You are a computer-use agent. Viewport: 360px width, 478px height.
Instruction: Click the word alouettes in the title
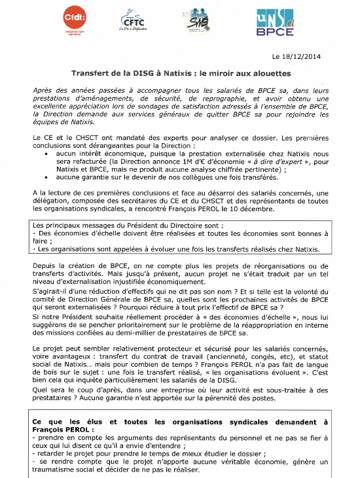coord(264,73)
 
